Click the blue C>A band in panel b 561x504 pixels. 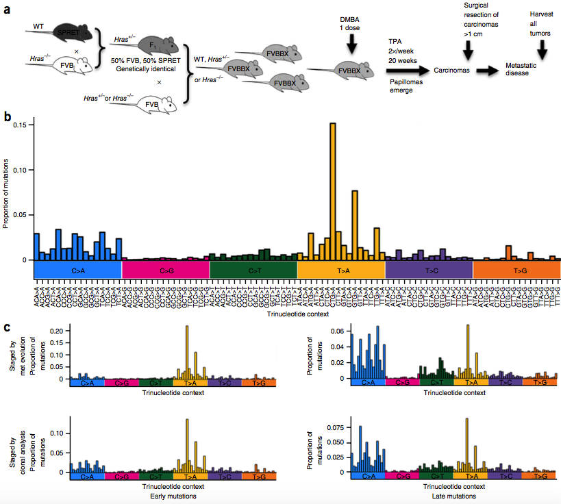coord(77,270)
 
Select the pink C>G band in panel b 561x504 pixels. coord(165,270)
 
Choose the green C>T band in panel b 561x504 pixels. coord(253,270)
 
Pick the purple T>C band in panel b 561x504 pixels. coord(429,270)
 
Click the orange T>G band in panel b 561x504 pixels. coord(517,270)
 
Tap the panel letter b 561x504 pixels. coord(7,117)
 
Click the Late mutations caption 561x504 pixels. coord(454,496)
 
